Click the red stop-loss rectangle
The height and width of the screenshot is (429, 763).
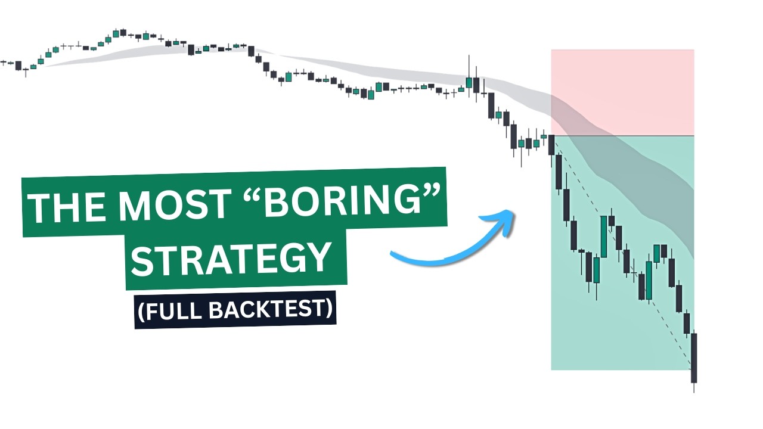pos(622,92)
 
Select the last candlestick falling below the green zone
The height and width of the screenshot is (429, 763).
pos(694,357)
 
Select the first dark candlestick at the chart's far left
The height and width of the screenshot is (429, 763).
pos(18,65)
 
